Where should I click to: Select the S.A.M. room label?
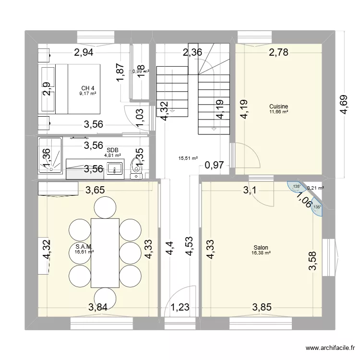pos(84,247)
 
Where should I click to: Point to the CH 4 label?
pos(87,88)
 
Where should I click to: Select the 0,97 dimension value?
pos(214,166)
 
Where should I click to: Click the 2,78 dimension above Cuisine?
pos(278,53)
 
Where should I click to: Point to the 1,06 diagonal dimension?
pos(304,200)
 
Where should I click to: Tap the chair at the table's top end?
pos(105,207)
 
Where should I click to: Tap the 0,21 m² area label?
pos(315,188)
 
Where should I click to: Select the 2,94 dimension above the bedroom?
pos(84,53)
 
